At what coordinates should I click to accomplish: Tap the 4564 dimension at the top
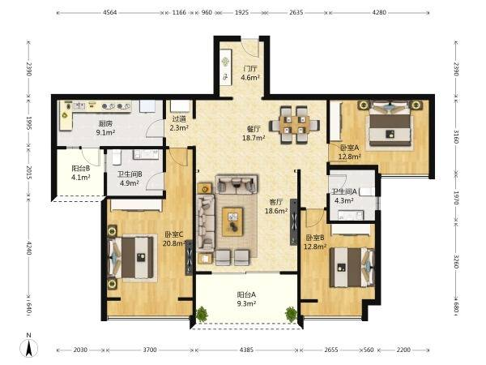click(x=109, y=12)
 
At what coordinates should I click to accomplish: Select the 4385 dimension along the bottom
click(x=247, y=350)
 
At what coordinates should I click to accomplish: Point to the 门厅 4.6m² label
click(x=250, y=73)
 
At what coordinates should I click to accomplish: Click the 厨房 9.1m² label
click(x=105, y=128)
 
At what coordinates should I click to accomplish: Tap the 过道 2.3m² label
click(x=179, y=123)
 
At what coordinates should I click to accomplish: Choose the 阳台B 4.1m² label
click(x=81, y=173)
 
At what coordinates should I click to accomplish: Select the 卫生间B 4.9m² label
click(x=130, y=178)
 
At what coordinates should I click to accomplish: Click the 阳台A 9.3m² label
click(x=246, y=298)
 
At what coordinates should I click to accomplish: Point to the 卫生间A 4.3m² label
click(x=344, y=195)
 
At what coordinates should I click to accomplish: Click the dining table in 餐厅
click(x=294, y=125)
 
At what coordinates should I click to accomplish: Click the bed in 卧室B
click(x=352, y=267)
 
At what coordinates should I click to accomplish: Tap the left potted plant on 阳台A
click(x=202, y=313)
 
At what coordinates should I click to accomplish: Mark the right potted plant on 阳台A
click(x=291, y=314)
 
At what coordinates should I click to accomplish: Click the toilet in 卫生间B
click(x=116, y=157)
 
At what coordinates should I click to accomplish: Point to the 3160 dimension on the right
click(x=456, y=137)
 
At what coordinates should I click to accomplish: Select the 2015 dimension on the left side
click(x=28, y=173)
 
